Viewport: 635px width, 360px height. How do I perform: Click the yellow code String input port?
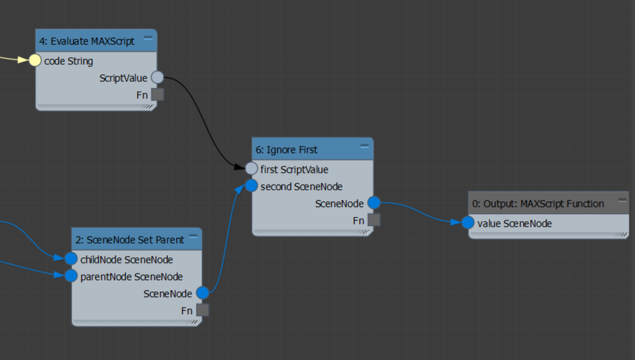[x=35, y=61]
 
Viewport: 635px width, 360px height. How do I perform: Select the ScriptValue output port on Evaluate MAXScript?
[x=158, y=77]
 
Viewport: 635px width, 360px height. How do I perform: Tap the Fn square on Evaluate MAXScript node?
[x=158, y=95]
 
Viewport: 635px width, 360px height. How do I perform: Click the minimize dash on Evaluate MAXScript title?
[x=148, y=38]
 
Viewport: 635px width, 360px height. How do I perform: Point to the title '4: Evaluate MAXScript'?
[x=87, y=41]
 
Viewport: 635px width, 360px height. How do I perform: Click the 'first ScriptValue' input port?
[x=251, y=169]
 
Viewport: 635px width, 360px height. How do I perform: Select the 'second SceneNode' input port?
[x=251, y=186]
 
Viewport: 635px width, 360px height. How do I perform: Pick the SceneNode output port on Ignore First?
[x=374, y=202]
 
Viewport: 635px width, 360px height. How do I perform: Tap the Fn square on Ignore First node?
[x=374, y=220]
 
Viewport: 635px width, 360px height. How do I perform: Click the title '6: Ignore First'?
[x=286, y=150]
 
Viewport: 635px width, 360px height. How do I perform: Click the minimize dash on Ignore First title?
[x=364, y=146]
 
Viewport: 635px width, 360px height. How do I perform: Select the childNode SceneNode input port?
[x=71, y=258]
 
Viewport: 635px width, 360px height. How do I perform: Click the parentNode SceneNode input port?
[x=71, y=276]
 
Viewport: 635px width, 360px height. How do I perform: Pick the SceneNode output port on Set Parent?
[x=203, y=293]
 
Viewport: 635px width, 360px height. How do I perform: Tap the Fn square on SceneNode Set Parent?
[x=203, y=310]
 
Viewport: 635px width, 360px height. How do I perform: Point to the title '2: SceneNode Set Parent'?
[x=130, y=240]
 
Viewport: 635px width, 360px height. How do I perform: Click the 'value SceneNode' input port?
[x=468, y=222]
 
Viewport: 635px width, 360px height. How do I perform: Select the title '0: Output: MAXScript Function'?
[x=538, y=204]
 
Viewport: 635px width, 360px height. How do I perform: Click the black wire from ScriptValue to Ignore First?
[x=202, y=119]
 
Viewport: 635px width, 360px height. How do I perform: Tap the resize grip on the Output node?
[x=621, y=235]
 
